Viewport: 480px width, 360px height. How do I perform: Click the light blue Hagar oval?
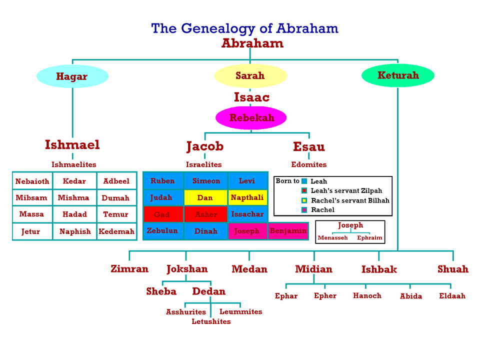(x=72, y=76)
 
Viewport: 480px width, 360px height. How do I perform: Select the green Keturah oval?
(x=398, y=75)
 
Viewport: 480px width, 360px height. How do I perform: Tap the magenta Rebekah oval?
(x=251, y=118)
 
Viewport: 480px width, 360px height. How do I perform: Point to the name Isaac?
(x=251, y=97)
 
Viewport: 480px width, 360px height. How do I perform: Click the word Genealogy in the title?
(x=218, y=29)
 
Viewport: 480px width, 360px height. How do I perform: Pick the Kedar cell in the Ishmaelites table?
(x=74, y=181)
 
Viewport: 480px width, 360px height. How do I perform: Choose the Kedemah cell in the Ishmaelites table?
(x=116, y=231)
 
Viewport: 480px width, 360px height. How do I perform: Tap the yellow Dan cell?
(x=205, y=198)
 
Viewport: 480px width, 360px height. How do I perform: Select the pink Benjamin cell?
(x=288, y=231)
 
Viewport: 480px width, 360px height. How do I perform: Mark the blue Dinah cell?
(x=205, y=231)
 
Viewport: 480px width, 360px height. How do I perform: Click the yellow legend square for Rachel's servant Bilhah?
(x=304, y=200)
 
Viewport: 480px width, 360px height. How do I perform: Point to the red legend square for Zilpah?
(x=304, y=190)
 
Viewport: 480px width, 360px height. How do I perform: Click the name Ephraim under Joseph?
(x=369, y=238)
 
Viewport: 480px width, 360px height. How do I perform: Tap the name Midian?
(x=314, y=269)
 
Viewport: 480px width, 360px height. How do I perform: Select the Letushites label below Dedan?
(x=211, y=321)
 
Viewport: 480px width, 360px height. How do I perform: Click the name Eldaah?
(x=452, y=295)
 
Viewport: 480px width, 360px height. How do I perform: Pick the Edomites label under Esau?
(x=309, y=164)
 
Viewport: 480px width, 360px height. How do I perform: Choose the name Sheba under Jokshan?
(x=161, y=291)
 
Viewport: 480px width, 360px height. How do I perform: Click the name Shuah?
(x=453, y=269)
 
